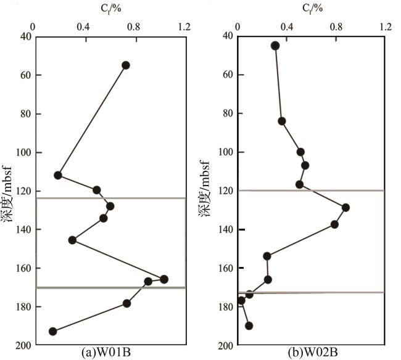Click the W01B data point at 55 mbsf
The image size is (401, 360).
[126, 65]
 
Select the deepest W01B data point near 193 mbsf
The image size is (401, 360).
[53, 332]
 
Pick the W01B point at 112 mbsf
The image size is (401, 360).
[58, 175]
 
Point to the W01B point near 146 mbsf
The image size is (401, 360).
[72, 240]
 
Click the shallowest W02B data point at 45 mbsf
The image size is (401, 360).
[275, 46]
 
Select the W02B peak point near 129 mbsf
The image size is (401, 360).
[345, 208]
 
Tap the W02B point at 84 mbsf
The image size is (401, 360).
[282, 121]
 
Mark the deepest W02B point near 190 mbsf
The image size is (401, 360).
[249, 325]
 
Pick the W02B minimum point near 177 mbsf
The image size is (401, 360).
[241, 301]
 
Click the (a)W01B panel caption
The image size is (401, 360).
[110, 353]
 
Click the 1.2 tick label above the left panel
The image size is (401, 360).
[184, 27]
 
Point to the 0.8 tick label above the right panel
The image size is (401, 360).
[336, 27]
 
